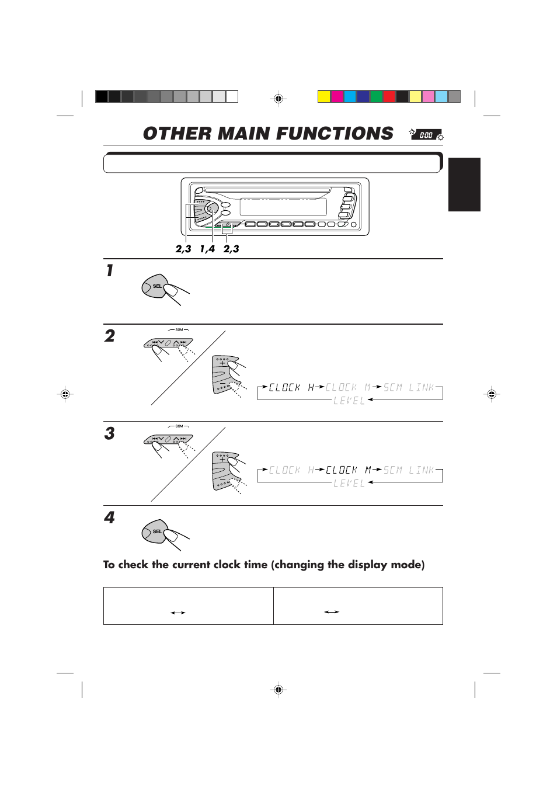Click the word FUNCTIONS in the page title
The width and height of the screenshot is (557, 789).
(x=335, y=134)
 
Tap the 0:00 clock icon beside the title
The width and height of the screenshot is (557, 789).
(x=426, y=135)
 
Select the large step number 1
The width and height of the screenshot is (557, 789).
(x=109, y=270)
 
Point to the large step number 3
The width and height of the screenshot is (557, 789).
(x=110, y=433)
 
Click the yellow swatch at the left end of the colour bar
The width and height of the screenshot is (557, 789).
(x=324, y=96)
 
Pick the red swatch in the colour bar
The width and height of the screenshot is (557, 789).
(x=389, y=96)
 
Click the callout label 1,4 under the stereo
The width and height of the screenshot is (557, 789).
(x=207, y=249)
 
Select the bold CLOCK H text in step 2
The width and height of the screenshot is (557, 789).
(x=291, y=387)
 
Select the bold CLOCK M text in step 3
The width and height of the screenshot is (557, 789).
(x=349, y=470)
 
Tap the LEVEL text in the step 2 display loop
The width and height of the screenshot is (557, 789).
(x=349, y=401)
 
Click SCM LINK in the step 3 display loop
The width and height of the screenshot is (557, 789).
(x=409, y=470)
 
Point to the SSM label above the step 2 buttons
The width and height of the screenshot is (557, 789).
(x=179, y=330)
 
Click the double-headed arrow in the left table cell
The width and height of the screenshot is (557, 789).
(x=177, y=613)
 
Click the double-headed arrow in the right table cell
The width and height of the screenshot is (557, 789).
(x=332, y=612)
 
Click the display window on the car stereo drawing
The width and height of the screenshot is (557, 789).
(x=283, y=207)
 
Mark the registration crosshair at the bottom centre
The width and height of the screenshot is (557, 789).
(x=278, y=690)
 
